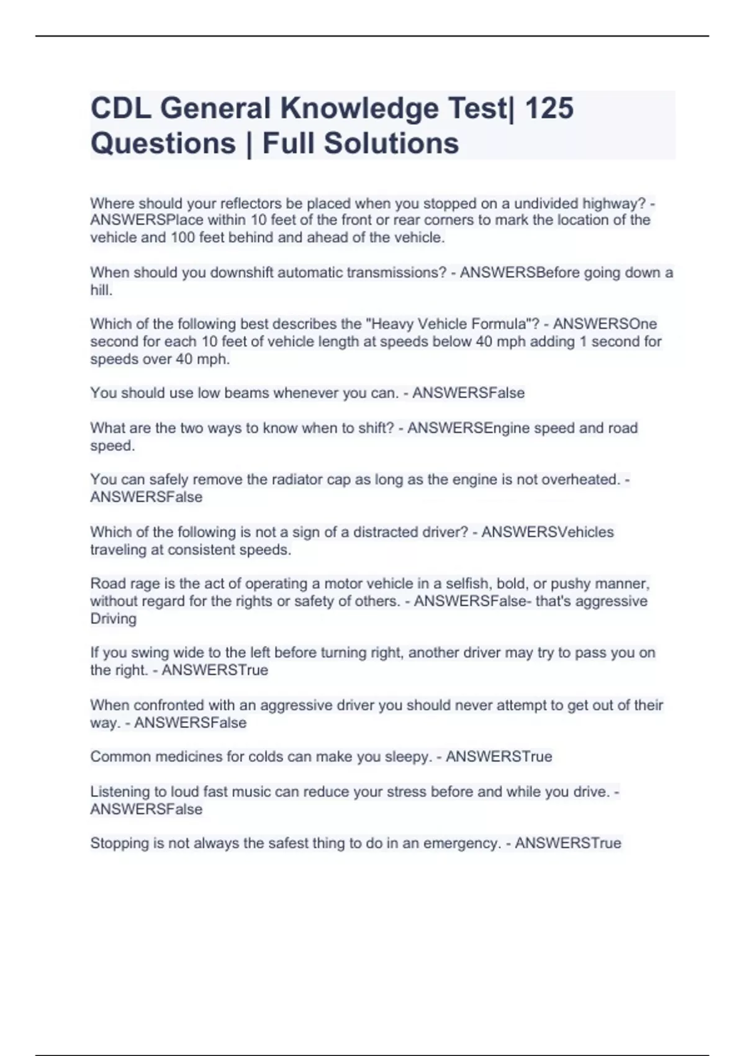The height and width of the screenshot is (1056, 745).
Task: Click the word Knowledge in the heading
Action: [359, 108]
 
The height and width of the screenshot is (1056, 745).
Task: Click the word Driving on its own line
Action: [113, 619]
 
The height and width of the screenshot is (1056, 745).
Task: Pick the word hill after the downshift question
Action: [100, 290]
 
